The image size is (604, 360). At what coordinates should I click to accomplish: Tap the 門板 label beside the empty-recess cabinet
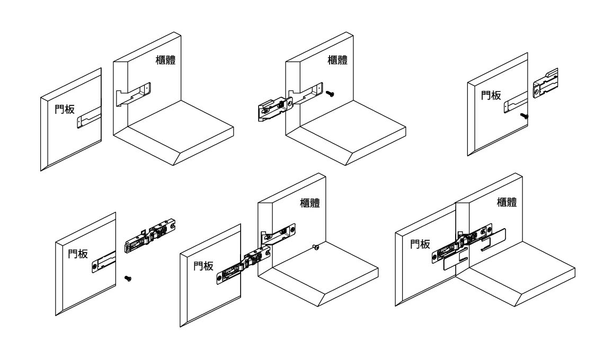[65, 110]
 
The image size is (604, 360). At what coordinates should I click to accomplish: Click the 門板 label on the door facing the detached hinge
[79, 253]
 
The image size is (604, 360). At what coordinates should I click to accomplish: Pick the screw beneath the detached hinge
[127, 277]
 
